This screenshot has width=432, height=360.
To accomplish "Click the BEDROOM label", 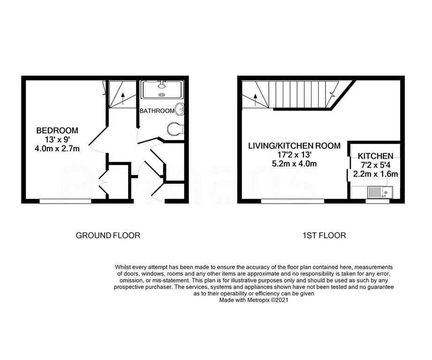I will (58, 130).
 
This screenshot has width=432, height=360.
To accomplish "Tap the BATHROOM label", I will (157, 111).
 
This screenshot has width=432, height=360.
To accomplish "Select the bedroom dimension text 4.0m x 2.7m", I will (58, 149).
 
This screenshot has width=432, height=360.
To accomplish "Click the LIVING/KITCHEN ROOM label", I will (294, 146).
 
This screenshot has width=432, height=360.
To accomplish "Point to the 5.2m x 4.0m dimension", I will (294, 164).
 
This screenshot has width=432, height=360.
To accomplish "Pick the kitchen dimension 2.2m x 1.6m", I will (375, 174).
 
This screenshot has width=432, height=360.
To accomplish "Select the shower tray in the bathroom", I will (162, 89).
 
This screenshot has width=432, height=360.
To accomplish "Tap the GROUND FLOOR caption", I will (108, 235).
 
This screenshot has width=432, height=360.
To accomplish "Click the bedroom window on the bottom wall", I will (65, 201).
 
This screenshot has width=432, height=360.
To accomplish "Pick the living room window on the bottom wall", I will (292, 201).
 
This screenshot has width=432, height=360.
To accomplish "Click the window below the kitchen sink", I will (377, 202).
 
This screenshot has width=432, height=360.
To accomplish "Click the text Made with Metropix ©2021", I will (253, 302).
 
